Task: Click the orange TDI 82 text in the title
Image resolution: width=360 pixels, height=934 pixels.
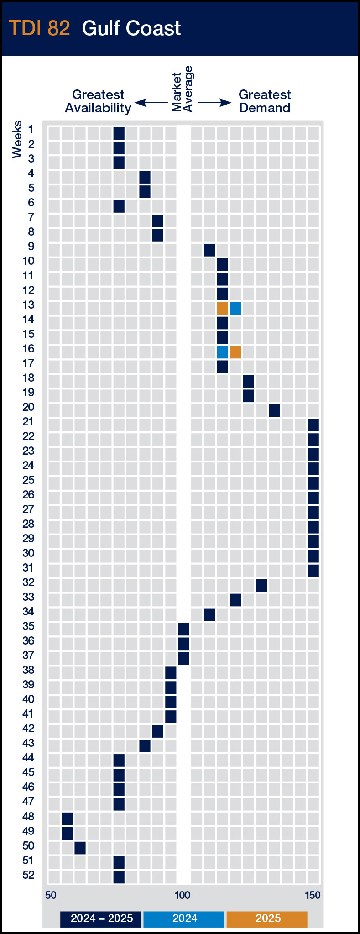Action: tap(39, 28)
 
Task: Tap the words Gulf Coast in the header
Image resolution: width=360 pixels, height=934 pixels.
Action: tap(131, 28)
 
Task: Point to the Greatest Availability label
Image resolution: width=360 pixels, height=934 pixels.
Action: tap(98, 101)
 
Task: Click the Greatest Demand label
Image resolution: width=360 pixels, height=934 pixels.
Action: tap(265, 101)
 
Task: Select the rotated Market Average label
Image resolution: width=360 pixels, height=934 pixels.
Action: tap(183, 89)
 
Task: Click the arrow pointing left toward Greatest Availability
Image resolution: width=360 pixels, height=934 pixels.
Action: tap(151, 103)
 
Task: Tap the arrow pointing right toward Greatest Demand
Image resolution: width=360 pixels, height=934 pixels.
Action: tap(215, 103)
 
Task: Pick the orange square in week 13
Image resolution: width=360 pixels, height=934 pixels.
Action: tap(223, 308)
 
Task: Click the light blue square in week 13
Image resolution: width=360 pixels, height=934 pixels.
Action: tap(235, 308)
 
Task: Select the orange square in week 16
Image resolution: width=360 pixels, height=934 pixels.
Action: tap(235, 352)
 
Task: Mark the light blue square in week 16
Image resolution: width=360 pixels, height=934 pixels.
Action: tap(223, 352)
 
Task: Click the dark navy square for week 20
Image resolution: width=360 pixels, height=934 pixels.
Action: tap(274, 410)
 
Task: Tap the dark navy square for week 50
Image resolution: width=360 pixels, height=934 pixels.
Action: tap(80, 848)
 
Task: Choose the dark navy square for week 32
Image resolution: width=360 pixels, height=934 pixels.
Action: tap(261, 585)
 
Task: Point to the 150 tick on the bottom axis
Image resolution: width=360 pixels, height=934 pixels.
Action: tap(313, 895)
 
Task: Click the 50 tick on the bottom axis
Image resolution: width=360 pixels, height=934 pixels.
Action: tap(51, 895)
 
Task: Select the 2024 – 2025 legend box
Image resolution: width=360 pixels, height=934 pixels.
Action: tap(101, 918)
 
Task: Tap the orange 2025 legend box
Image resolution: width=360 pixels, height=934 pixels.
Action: tap(267, 918)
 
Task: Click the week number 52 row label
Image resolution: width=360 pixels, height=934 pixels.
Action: tap(28, 875)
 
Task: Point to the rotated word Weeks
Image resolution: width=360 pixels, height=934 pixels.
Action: tap(17, 139)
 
